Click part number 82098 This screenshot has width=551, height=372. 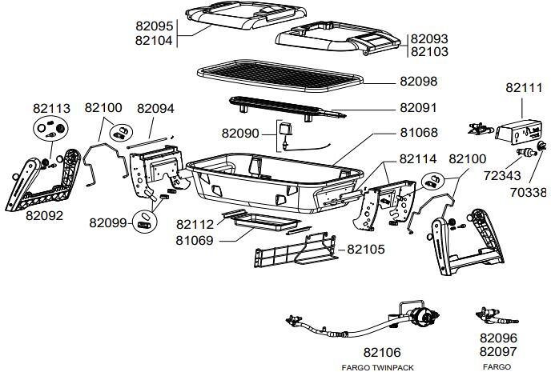pos(419,82)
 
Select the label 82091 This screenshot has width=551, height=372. pos(418,108)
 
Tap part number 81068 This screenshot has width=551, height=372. pos(419,133)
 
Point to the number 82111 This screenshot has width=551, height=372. pos(524,88)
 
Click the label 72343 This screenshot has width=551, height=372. pos(502,175)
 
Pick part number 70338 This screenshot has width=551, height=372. pos(529,192)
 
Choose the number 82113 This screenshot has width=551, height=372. pos(51,109)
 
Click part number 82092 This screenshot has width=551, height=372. pos(44,215)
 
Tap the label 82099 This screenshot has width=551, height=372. pos(108,223)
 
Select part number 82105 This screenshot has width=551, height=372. pos(366,249)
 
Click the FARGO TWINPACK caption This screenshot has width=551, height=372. pos(377,368)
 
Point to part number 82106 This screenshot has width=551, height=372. pos(382,352)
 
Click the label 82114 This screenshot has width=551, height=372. pos(418,159)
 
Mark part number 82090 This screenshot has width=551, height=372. pos(240,134)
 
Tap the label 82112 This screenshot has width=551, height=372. pos(195,224)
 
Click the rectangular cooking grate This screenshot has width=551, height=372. pos(280,76)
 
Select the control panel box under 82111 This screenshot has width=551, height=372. pos(518,132)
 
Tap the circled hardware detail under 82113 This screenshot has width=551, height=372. pos(50,129)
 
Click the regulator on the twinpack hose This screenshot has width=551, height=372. pos(424,316)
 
